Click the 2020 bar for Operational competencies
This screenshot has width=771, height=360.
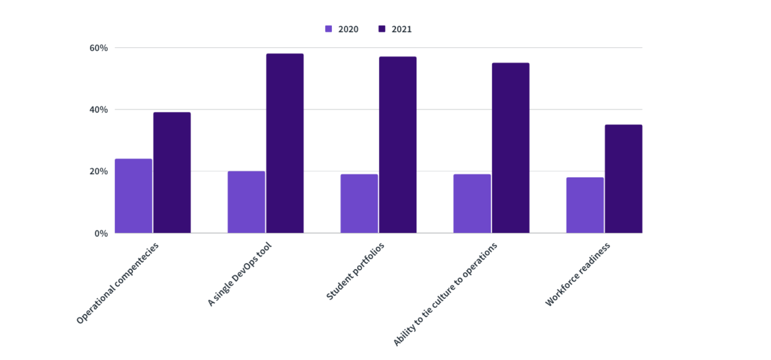pyautogui.click(x=133, y=196)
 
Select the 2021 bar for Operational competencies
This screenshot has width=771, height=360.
pyautogui.click(x=172, y=173)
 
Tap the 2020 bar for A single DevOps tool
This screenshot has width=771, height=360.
pyautogui.click(x=246, y=202)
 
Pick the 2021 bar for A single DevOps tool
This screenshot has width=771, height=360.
pyautogui.click(x=285, y=143)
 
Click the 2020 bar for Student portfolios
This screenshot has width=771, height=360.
pyautogui.click(x=359, y=203)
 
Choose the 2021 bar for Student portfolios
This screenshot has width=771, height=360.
pyautogui.click(x=397, y=145)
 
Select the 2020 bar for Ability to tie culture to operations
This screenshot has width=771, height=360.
pyautogui.click(x=472, y=203)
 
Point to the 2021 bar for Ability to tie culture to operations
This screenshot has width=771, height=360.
pyautogui.click(x=511, y=148)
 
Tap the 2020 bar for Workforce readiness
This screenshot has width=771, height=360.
pyautogui.click(x=585, y=205)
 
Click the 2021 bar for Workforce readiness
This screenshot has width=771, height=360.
pyautogui.click(x=623, y=179)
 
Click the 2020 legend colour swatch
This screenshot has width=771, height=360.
pyautogui.click(x=328, y=29)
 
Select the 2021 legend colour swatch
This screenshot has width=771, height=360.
pyautogui.click(x=382, y=29)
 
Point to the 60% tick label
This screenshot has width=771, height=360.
pyautogui.click(x=98, y=48)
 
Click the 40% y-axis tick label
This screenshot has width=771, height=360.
pyautogui.click(x=98, y=110)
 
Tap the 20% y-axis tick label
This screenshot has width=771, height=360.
pyautogui.click(x=98, y=172)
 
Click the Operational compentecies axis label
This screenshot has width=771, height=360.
pyautogui.click(x=118, y=283)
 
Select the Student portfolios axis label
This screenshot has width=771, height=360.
pyautogui.click(x=355, y=271)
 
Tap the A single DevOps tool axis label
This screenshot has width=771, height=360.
pyautogui.click(x=239, y=275)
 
